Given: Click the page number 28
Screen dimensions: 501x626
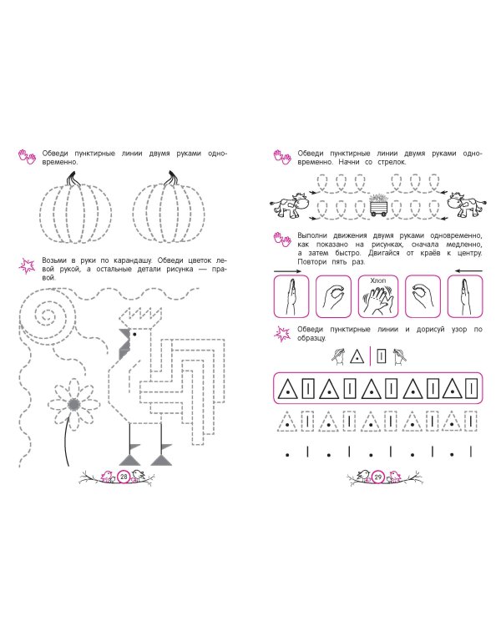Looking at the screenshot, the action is (x=124, y=477).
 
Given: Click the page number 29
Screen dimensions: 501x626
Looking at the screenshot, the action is (x=377, y=477).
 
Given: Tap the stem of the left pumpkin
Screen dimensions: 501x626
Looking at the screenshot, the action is (x=73, y=179).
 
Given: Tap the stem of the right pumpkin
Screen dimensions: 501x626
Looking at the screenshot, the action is (x=170, y=179).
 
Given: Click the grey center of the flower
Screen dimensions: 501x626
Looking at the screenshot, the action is (x=73, y=405).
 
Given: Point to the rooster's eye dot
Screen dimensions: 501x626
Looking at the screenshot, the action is (x=134, y=334).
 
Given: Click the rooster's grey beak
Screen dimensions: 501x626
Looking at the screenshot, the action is (x=124, y=344).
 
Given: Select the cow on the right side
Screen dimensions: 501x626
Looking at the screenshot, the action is (x=466, y=204).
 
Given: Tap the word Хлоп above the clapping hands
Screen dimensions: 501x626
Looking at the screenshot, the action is (x=378, y=280).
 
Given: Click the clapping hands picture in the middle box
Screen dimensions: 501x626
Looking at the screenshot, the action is (x=378, y=300).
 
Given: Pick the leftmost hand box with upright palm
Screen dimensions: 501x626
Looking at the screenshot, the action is (x=291, y=296).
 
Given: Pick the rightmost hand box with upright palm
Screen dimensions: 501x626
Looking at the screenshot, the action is (x=464, y=296).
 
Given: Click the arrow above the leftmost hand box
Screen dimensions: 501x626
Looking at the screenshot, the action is (x=287, y=271).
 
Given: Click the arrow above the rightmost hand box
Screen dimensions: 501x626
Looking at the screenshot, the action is (x=468, y=271).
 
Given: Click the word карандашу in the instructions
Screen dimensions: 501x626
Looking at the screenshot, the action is (x=131, y=260).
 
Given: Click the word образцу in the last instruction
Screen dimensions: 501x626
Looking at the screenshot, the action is (x=311, y=338).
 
